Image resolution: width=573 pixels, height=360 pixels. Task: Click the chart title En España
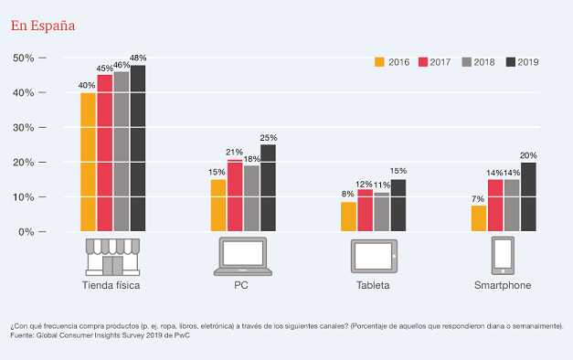coord(43,26)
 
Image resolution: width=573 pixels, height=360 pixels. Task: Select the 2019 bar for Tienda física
coord(138,148)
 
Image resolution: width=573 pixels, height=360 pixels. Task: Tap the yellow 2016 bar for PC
coord(218,205)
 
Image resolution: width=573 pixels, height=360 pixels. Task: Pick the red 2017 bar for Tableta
coord(365,210)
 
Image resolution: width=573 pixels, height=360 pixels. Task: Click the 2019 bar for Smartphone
coord(528,196)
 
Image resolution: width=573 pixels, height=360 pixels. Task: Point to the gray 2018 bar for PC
coord(251,198)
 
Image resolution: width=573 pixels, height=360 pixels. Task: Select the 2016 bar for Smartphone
coord(479,218)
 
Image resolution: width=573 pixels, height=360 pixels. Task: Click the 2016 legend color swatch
coord(379,62)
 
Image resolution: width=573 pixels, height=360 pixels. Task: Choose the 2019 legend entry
coord(522,62)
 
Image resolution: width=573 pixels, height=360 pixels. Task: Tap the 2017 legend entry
coord(434,62)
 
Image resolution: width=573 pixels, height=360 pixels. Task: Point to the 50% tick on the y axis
coord(42,58)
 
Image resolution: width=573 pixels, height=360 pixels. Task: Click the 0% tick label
coord(27,232)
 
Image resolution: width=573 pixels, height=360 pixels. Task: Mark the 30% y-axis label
coord(24,128)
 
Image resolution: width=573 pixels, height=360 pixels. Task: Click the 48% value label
coord(138,58)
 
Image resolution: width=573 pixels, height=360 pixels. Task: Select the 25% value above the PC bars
coord(269,138)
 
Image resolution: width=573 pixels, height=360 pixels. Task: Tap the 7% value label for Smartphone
coord(478,199)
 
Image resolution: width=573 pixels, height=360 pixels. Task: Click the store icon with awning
coord(112,257)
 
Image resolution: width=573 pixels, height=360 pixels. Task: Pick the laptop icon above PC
coord(243,256)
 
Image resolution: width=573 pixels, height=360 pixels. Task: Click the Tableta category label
coord(373,285)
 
